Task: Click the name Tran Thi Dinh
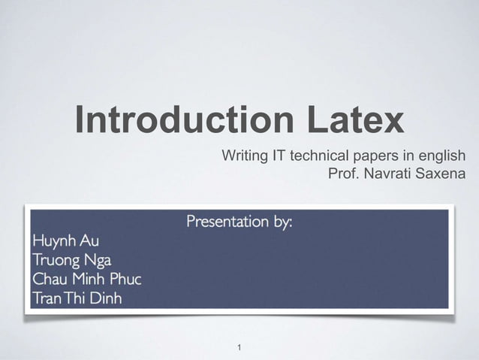[77, 298]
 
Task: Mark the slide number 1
[239, 348]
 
